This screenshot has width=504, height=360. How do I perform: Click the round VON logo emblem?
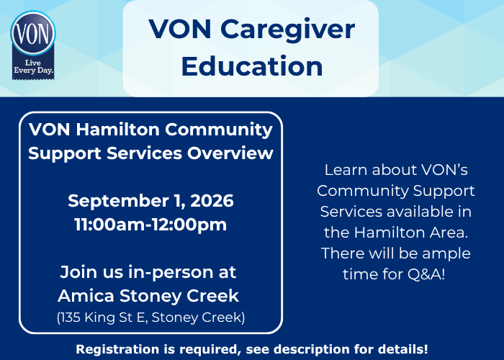click(33, 33)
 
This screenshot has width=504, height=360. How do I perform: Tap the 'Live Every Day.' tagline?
click(33, 67)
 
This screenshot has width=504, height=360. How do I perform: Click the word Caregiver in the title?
click(287, 30)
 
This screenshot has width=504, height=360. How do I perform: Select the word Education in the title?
click(252, 66)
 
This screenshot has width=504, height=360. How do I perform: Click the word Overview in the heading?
click(230, 153)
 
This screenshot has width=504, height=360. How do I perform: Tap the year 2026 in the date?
click(212, 201)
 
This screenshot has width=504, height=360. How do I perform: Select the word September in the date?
click(118, 202)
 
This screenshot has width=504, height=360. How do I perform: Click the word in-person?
click(171, 273)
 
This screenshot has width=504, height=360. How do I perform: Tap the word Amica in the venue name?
click(86, 296)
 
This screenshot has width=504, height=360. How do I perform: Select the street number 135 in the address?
click(70, 318)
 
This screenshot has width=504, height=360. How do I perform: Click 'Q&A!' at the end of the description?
click(426, 274)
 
